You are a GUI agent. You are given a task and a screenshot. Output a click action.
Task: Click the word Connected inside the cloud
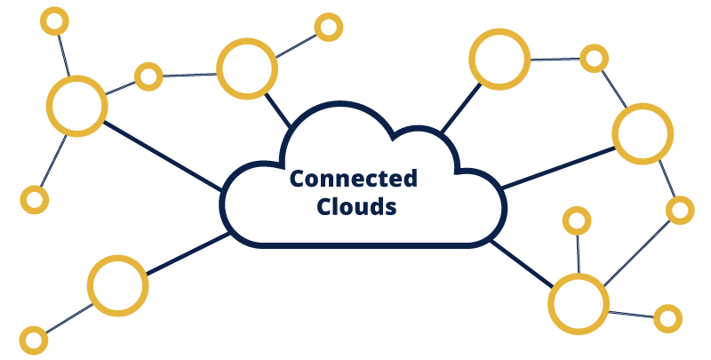coord(354,179)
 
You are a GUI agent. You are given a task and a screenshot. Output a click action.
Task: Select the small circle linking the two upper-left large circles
coord(148,76)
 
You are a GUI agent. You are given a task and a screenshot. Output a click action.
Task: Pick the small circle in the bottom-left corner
coord(34,339)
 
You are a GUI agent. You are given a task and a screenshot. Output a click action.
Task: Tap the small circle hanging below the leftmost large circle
coord(34,199)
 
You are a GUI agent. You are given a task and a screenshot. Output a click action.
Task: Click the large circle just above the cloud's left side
coord(247,69)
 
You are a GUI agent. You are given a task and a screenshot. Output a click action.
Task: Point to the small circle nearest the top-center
coord(328,27)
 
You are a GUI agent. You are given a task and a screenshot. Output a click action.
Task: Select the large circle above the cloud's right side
coord(500,59)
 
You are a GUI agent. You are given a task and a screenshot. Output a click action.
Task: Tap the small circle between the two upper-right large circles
coord(594,59)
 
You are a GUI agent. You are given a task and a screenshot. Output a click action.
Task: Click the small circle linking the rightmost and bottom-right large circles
coord(679,211)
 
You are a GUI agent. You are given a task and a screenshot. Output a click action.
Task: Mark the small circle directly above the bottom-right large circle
coord(578,220)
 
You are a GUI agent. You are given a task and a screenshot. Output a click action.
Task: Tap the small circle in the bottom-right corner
coord(667,316)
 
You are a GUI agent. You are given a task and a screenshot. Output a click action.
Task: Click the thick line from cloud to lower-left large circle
coord(186,253)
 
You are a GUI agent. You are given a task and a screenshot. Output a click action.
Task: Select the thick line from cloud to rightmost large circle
coord(558,169)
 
